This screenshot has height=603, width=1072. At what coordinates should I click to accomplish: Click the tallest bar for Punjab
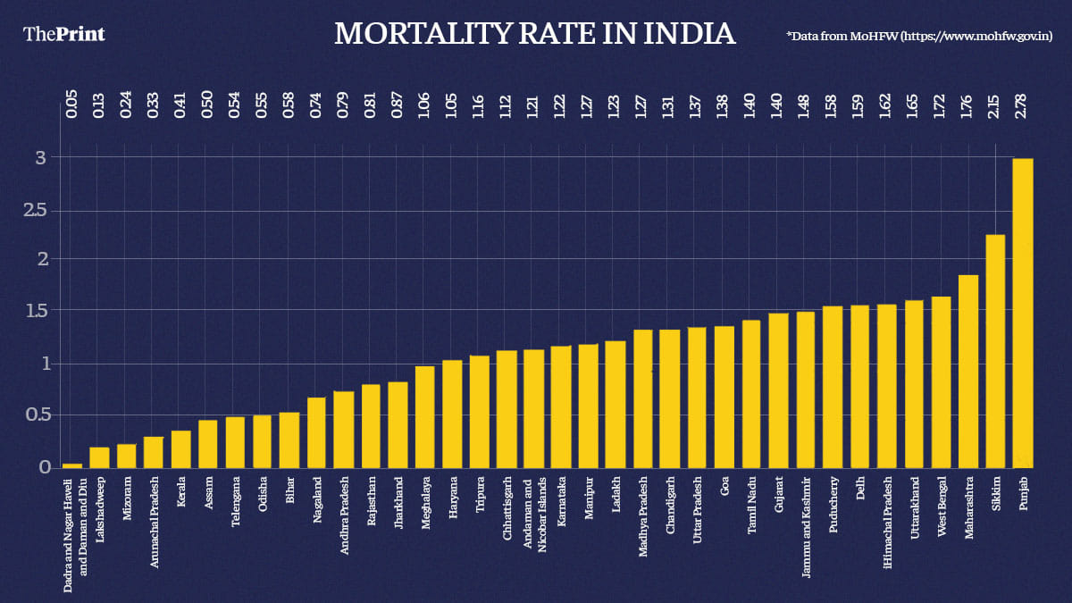coord(1023,313)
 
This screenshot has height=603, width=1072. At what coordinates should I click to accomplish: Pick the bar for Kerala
coord(180,448)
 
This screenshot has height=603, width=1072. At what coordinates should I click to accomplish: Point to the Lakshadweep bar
coord(99,456)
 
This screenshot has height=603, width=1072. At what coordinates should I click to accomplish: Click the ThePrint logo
coord(63,34)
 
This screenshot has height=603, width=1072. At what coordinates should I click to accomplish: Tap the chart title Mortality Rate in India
coord(535,34)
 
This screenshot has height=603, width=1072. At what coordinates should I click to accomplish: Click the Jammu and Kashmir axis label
coord(806,522)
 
